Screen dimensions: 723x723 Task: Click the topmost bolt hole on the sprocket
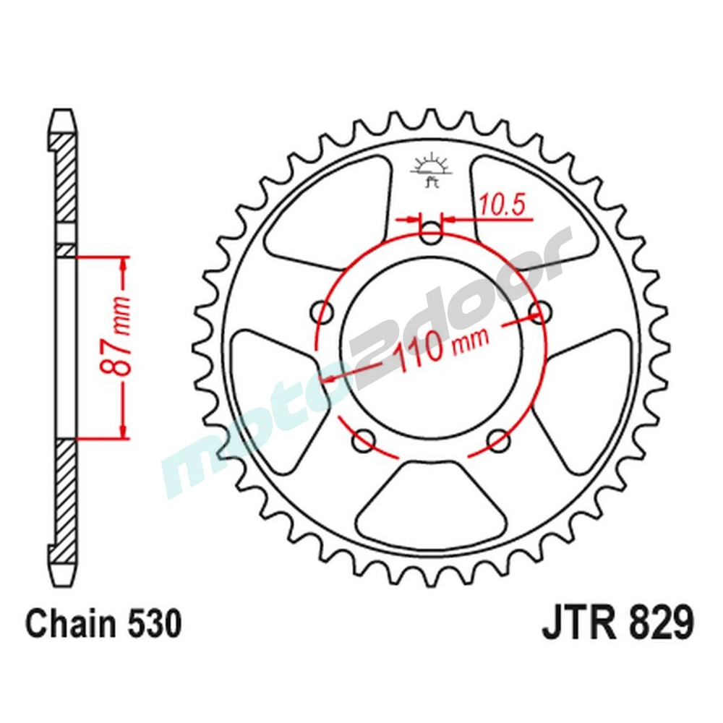pyautogui.click(x=431, y=233)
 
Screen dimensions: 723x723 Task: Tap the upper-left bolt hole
pyautogui.click(x=322, y=312)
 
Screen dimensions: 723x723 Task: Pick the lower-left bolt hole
pyautogui.click(x=364, y=439)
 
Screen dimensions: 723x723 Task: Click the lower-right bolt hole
pyautogui.click(x=498, y=439)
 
